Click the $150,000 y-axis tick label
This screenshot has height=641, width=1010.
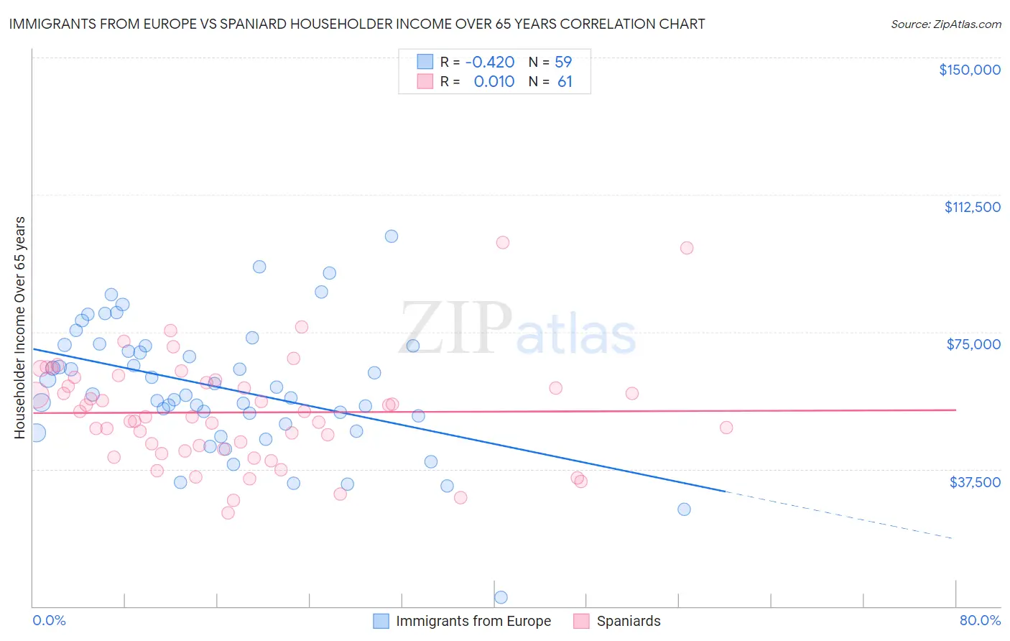click(969, 70)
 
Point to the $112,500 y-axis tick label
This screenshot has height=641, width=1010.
click(972, 207)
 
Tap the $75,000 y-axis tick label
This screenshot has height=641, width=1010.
click(973, 344)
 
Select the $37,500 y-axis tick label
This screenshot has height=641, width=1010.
click(974, 482)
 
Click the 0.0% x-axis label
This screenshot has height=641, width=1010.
click(49, 620)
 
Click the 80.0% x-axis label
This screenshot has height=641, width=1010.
click(980, 620)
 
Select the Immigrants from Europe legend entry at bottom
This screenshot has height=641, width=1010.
click(463, 621)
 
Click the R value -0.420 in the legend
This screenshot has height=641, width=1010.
click(490, 62)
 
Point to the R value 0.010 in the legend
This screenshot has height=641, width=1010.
click(494, 82)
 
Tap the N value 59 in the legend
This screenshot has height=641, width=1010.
click(563, 62)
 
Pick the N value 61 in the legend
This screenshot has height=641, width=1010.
click(565, 82)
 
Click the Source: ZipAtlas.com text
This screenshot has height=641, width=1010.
click(945, 24)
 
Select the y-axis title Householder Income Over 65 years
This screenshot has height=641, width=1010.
click(19, 327)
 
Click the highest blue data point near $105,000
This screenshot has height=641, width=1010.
click(392, 236)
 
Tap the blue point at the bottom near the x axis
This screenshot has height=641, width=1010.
click(501, 597)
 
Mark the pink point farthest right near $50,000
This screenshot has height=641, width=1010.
click(726, 428)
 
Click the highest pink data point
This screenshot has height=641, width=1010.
click(503, 243)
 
